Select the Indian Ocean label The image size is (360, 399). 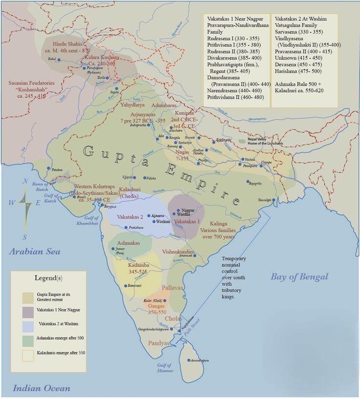click(x=41, y=389)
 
